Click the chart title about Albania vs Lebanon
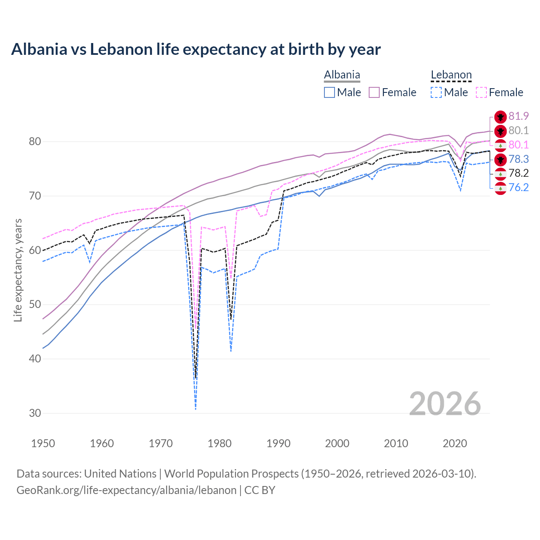click(196, 49)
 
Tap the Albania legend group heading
click(342, 75)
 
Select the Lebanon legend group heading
click(451, 75)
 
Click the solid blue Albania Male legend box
click(329, 92)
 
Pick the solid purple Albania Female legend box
click(375, 92)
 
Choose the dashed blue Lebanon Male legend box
click(436, 92)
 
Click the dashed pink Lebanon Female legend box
click(481, 92)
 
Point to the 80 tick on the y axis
click(35, 142)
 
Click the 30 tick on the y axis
click(35, 413)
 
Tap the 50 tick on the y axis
click(35, 305)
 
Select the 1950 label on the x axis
click(43, 443)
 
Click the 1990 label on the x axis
click(278, 443)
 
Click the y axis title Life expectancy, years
click(18, 270)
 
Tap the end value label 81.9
click(518, 116)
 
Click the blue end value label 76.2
click(518, 187)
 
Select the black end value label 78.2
click(518, 173)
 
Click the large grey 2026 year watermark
click(445, 404)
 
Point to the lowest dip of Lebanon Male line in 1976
click(196, 409)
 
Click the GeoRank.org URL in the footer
click(127, 490)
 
